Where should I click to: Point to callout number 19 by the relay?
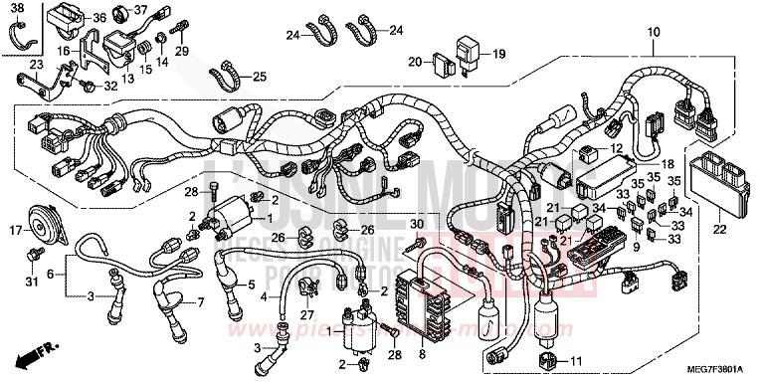[498, 55]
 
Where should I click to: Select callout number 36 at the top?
[98, 18]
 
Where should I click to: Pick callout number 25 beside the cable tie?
[259, 77]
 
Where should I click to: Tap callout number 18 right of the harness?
[668, 163]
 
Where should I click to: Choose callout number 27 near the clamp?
[292, 314]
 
